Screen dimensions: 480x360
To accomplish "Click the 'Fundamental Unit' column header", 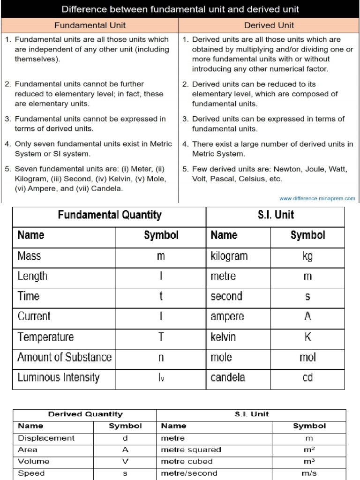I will point(90,25).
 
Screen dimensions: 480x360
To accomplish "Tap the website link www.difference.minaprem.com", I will point(317,198).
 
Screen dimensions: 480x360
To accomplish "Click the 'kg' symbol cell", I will point(307,256).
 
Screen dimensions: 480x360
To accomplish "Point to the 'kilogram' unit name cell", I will point(229,256).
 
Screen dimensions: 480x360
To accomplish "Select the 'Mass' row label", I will point(29,256).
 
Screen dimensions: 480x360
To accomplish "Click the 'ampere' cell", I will point(227,316).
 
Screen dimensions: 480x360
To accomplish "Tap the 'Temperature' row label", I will point(45,337).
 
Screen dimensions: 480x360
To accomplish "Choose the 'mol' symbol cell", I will point(307,357).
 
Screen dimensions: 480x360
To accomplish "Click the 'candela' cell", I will point(228,377).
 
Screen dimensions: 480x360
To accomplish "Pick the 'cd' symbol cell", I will point(307,377).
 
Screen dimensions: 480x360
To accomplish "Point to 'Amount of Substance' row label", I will point(64,357).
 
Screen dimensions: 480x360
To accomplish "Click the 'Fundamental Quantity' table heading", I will point(109,215).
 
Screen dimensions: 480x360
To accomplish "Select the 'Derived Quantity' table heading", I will point(85,414).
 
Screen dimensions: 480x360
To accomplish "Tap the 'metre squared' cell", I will point(191,450).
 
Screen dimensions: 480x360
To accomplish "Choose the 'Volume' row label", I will point(33,462).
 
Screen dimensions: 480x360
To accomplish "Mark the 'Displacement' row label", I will point(46,438).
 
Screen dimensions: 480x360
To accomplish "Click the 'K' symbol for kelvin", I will point(307,337).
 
